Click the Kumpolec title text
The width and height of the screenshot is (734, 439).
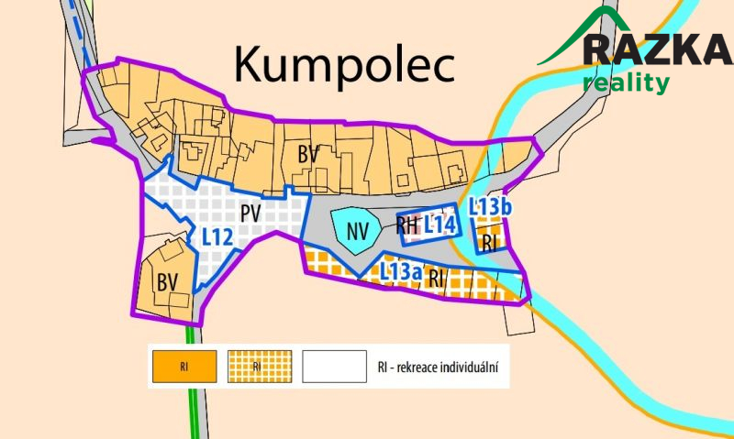344,65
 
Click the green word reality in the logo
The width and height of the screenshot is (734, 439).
626,82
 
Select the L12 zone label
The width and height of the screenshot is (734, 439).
217,236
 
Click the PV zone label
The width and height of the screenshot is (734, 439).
251,214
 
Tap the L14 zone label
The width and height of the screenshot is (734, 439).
440,225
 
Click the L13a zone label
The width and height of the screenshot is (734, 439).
401,271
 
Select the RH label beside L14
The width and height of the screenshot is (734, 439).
407,225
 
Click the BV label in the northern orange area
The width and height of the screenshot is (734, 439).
307,155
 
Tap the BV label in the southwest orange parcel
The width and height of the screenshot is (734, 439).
166,279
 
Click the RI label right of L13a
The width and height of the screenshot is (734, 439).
437,276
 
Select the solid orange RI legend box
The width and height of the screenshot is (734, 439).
185,367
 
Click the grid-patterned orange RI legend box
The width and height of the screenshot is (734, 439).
258,367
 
